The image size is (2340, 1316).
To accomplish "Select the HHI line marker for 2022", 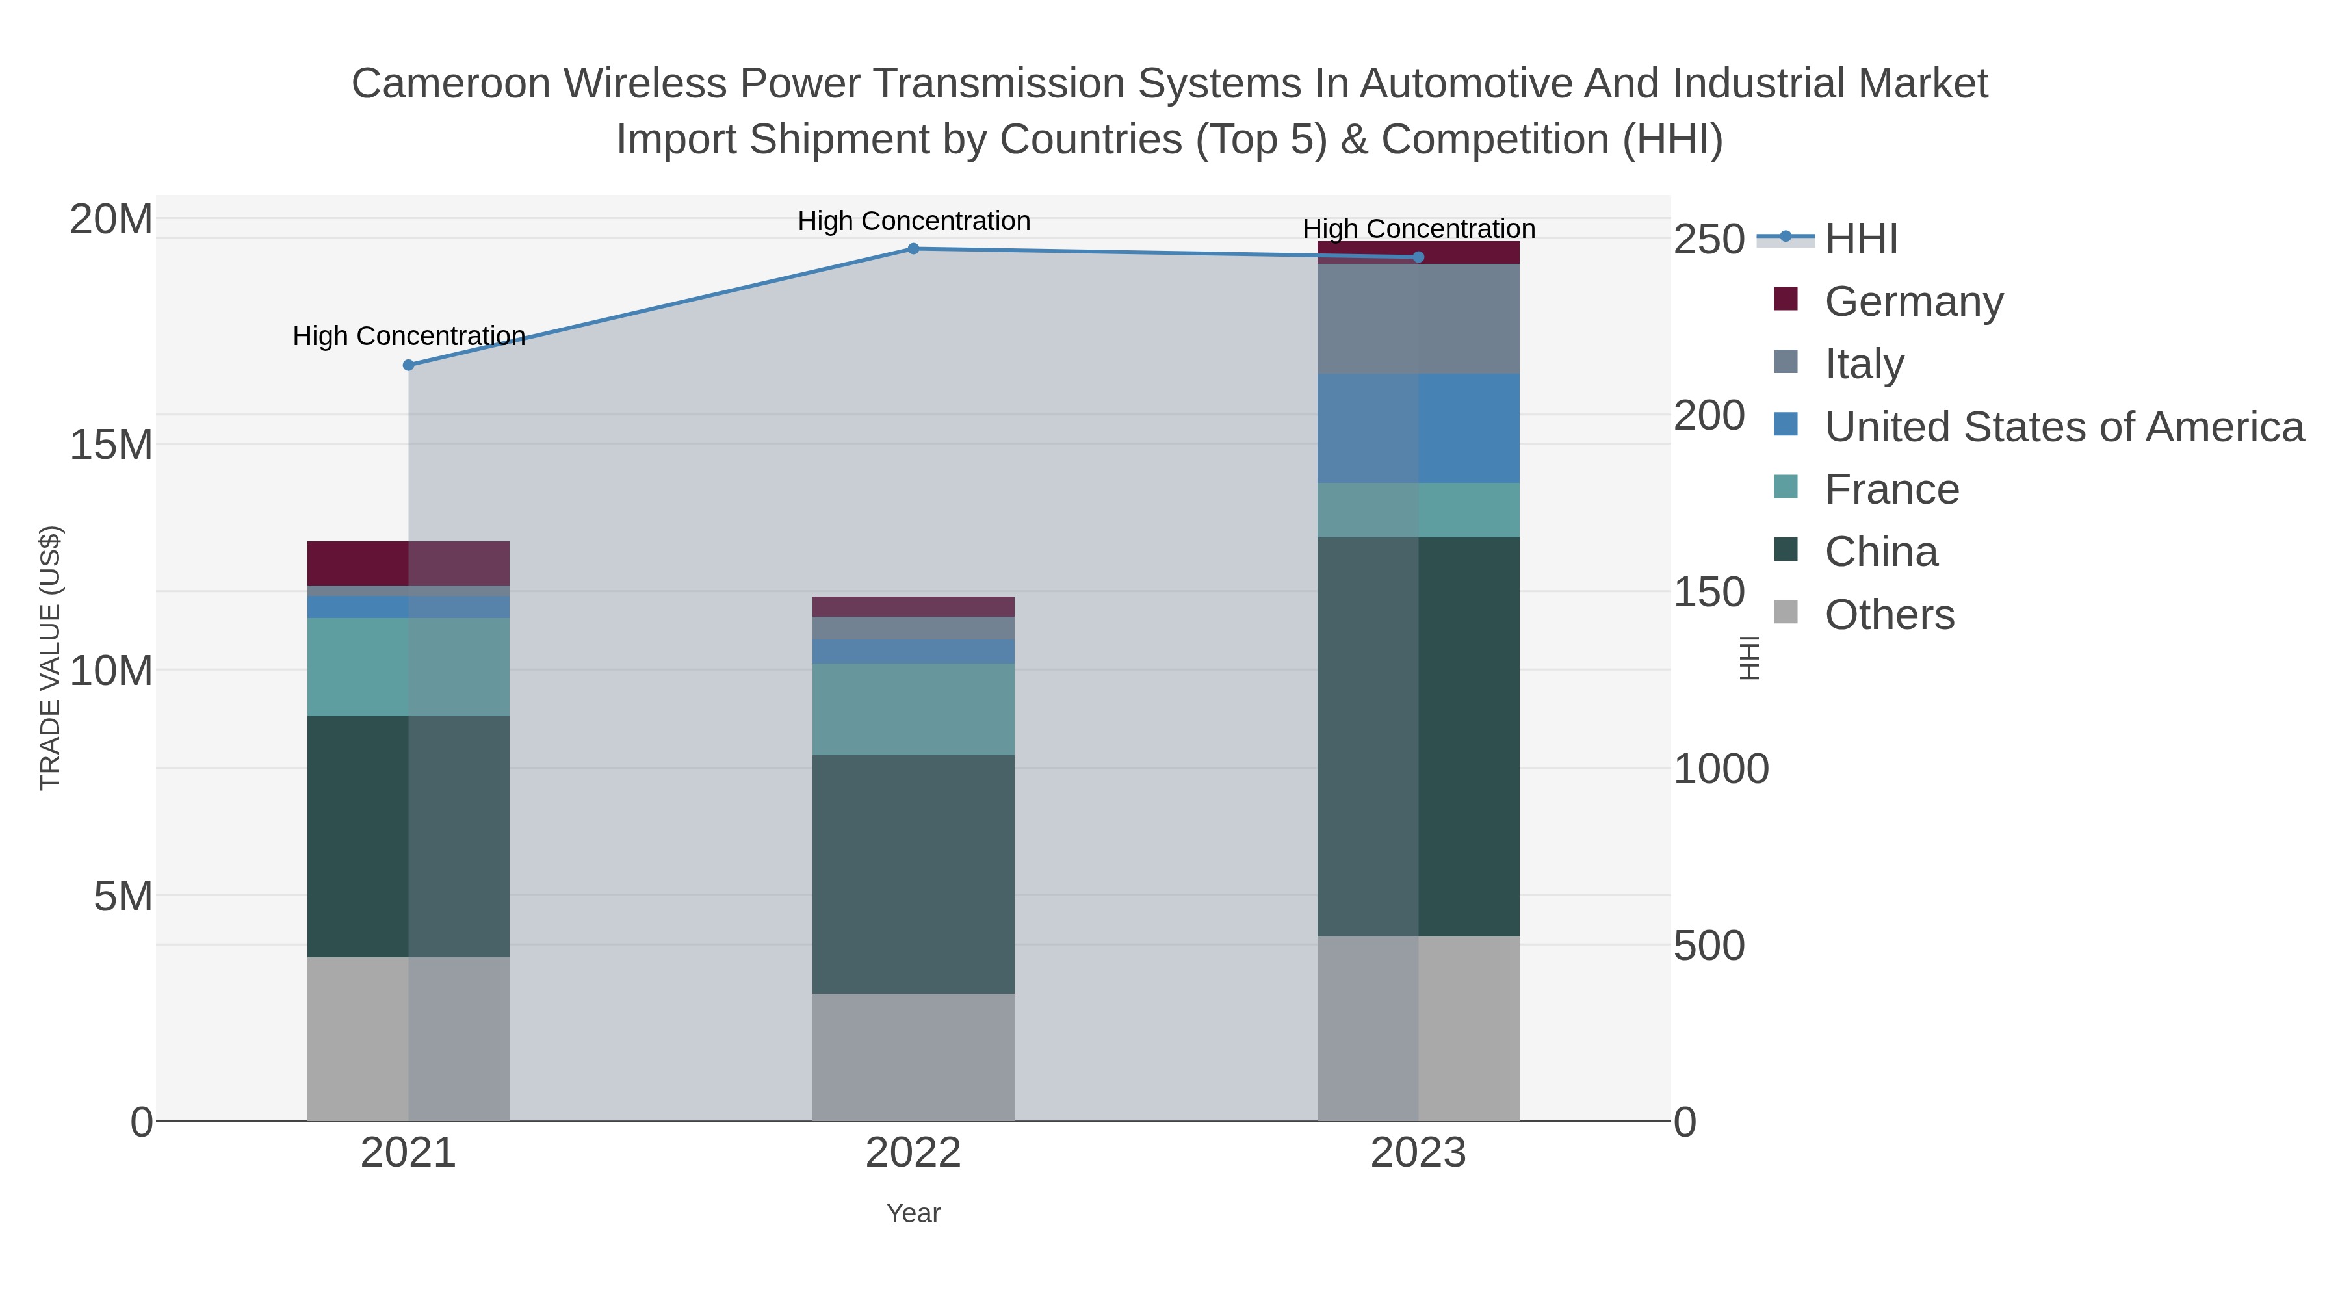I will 913,249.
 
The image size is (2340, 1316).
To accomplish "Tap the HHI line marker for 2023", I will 1418,257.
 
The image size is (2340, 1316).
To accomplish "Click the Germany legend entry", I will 1912,302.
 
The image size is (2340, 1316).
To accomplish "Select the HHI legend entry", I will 1860,239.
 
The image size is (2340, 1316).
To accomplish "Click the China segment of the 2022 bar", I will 913,873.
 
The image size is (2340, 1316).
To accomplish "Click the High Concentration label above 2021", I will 409,336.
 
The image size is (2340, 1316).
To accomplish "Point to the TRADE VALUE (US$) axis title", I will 51,658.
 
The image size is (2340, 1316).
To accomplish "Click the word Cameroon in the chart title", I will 450,84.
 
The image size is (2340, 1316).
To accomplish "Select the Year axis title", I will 913,1213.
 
